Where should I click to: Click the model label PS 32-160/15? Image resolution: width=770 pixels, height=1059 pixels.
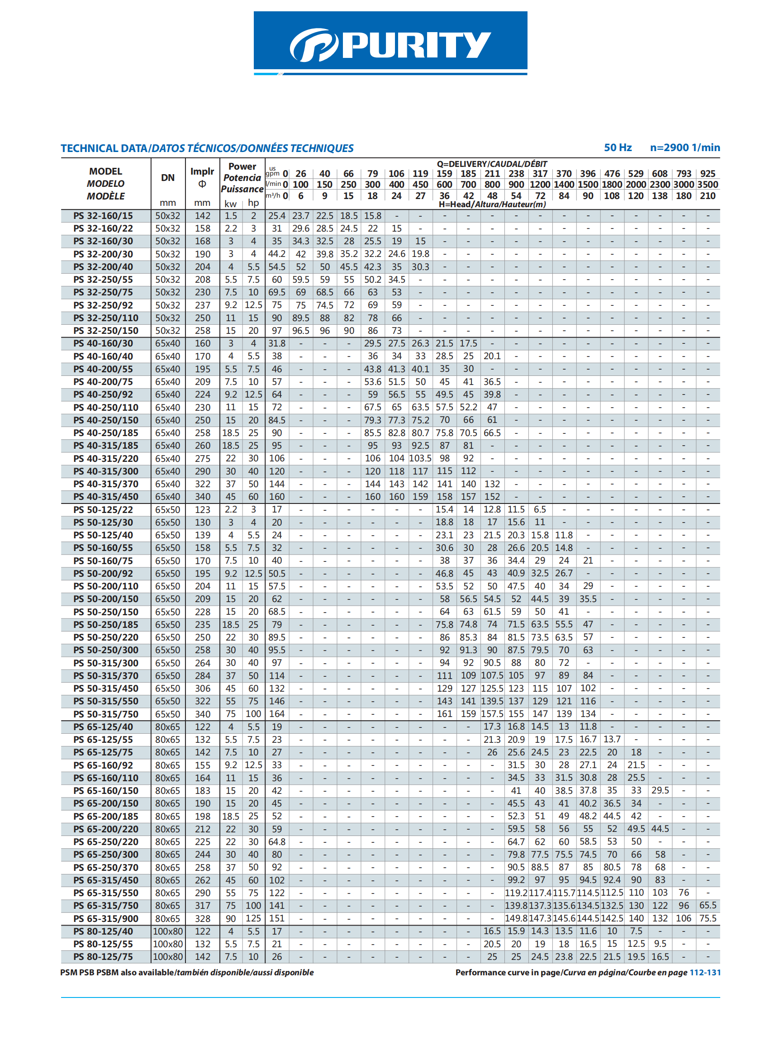[x=103, y=216]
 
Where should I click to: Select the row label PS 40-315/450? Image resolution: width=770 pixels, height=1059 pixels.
[x=105, y=497]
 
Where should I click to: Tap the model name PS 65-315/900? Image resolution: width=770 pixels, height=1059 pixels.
[x=105, y=918]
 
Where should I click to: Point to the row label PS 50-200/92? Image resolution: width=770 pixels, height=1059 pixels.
[x=103, y=574]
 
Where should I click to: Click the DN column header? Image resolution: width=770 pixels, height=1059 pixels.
[x=168, y=177]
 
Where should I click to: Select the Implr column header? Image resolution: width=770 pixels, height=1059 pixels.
[x=202, y=171]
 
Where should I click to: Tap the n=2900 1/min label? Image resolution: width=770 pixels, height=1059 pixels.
[x=684, y=147]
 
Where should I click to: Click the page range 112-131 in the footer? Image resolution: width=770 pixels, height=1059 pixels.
[x=705, y=972]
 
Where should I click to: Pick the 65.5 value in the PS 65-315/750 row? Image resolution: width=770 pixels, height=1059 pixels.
[x=708, y=905]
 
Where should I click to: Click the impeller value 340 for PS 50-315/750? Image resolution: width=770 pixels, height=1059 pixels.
[x=202, y=714]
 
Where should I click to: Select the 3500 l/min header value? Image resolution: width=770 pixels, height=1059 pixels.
[x=708, y=185]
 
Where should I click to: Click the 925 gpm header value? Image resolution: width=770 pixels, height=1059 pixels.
[x=708, y=174]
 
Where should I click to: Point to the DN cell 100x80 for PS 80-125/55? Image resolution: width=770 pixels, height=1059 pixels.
[x=168, y=944]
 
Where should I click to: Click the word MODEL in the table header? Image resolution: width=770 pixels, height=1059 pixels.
[x=105, y=171]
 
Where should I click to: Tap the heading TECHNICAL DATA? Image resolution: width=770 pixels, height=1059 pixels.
[x=104, y=148]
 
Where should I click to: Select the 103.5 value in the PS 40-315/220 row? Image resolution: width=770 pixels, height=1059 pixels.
[x=420, y=459]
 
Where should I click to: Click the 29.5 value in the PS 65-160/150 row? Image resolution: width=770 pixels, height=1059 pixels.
[x=660, y=790]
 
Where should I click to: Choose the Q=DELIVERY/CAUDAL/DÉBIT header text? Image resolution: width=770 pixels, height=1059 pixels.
[x=492, y=164]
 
